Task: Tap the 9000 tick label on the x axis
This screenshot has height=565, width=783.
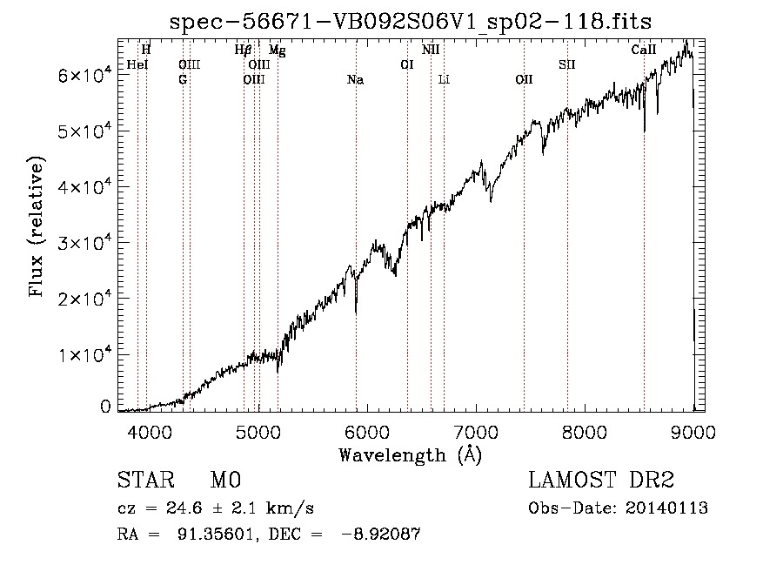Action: point(693,430)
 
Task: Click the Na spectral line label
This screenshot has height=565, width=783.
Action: point(355,80)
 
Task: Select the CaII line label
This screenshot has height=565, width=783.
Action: point(643,50)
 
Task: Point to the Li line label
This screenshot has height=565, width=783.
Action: point(444,80)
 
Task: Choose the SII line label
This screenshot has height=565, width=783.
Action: point(567,64)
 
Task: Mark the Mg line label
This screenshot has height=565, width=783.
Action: point(277,50)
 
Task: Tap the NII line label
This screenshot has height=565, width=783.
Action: point(431,50)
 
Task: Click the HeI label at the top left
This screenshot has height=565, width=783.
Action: point(137,64)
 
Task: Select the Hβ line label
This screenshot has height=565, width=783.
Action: point(244,50)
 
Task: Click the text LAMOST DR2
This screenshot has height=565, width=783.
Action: point(601,481)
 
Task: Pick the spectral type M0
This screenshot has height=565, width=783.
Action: point(225,481)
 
